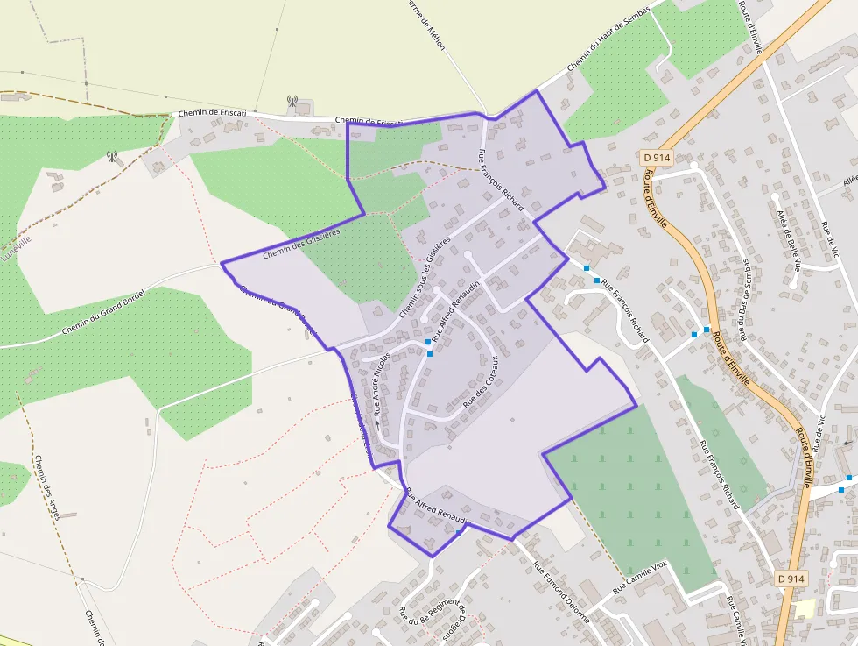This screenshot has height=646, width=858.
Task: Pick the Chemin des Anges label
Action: pyautogui.click(x=46, y=487)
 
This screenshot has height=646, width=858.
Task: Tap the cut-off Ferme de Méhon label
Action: pyautogui.click(x=428, y=25)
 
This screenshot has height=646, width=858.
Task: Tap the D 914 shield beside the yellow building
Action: pyautogui.click(x=791, y=579)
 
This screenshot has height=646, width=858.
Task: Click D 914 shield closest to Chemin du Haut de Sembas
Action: pyautogui.click(x=656, y=158)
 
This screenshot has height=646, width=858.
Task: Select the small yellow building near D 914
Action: pyautogui.click(x=805, y=608)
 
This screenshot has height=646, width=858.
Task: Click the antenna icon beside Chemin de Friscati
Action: pyautogui.click(x=292, y=102)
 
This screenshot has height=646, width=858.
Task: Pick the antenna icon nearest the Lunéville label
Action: pyautogui.click(x=112, y=157)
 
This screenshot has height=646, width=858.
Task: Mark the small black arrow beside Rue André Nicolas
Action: pyautogui.click(x=377, y=423)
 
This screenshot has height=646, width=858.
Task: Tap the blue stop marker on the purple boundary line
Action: pyautogui.click(x=459, y=532)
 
